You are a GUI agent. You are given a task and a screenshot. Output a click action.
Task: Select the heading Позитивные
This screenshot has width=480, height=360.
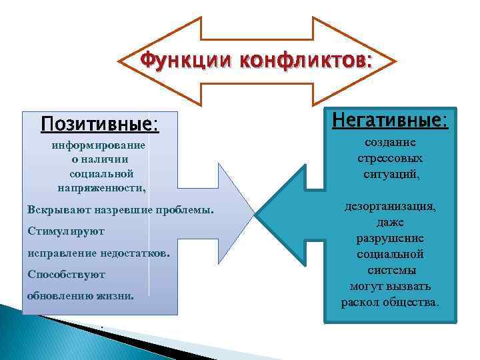click(x=100, y=125)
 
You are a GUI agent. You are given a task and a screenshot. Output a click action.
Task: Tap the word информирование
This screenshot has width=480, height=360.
click(x=98, y=145)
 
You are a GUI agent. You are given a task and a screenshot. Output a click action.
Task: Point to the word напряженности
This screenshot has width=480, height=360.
click(x=101, y=188)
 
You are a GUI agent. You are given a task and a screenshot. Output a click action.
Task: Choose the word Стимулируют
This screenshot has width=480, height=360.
click(x=66, y=231)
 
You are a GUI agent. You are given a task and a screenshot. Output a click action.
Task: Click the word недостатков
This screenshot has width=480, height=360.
click(x=135, y=253)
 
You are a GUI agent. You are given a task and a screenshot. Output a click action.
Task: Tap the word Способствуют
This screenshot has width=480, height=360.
click(x=67, y=275)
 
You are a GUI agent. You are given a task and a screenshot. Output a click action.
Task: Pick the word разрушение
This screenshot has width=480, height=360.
click(x=391, y=238)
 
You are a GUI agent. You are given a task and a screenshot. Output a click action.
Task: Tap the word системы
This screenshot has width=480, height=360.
click(x=391, y=270)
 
